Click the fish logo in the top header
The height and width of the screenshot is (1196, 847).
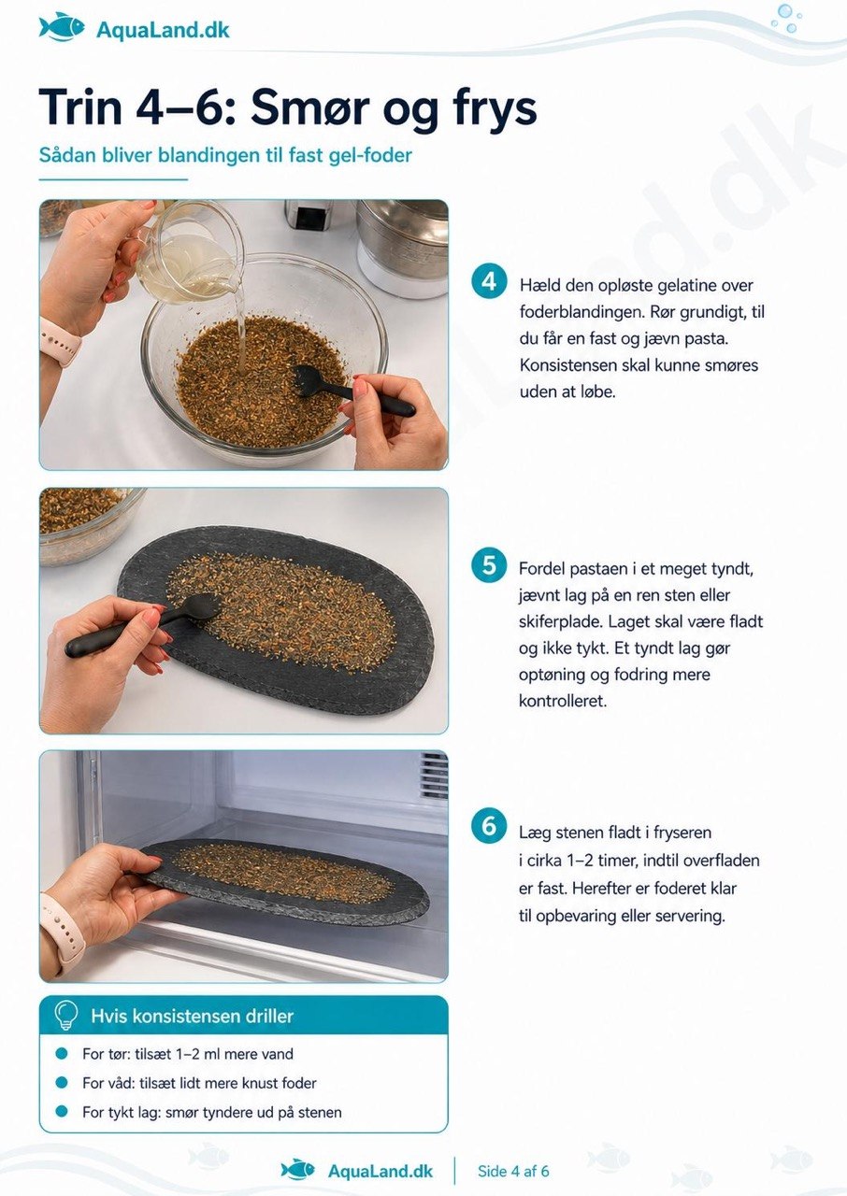[62, 27]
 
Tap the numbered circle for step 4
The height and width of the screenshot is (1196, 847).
[489, 281]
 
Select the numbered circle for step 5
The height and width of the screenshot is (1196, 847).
[489, 565]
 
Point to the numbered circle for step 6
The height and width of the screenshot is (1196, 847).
[489, 826]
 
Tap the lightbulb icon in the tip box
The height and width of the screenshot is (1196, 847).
[65, 1015]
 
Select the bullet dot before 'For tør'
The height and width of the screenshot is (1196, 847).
[62, 1053]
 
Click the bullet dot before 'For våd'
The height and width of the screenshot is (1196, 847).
[62, 1083]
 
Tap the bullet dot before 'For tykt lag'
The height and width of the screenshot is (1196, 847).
[62, 1112]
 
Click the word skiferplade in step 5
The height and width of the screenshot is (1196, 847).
[559, 621]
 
